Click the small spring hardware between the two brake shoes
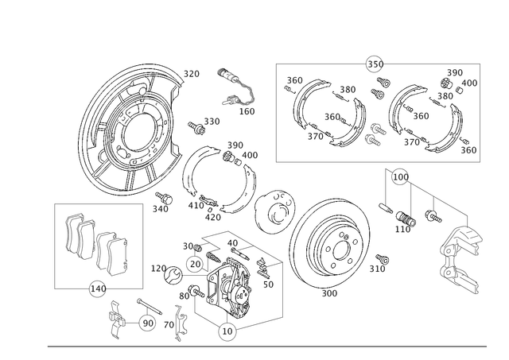[x=374, y=119]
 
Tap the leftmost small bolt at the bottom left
[x=115, y=317]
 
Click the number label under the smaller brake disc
[x=328, y=292]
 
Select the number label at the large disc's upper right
[x=191, y=74]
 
